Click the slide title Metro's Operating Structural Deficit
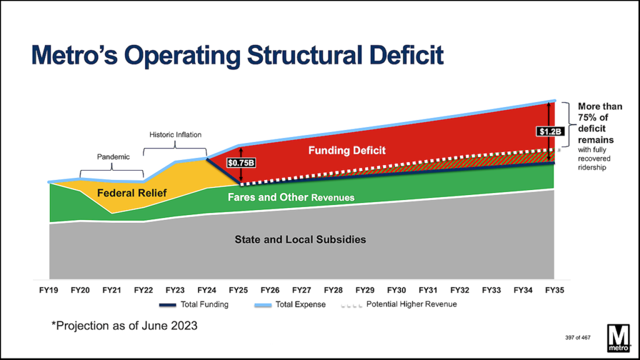237,55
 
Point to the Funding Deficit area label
347,151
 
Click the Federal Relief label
132,193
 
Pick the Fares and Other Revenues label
291,197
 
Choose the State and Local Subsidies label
300,239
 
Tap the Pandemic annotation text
113,157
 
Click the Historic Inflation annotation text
175,134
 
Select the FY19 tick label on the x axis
49,290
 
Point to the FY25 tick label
238,290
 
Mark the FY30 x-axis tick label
396,290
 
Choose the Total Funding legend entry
194,304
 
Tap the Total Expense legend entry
293,304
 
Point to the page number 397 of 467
570,337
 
